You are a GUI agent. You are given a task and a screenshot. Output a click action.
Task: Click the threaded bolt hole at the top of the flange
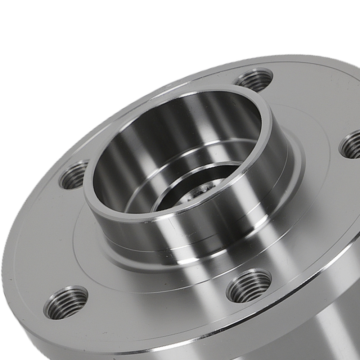point(254,80)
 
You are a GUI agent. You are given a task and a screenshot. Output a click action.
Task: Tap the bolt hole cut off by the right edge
point(351,145)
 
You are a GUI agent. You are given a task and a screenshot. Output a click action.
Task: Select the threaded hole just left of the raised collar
point(74,175)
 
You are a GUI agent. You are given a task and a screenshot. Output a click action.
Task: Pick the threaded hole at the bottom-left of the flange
point(66,302)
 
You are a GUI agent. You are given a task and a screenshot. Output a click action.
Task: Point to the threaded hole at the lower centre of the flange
point(249,285)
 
